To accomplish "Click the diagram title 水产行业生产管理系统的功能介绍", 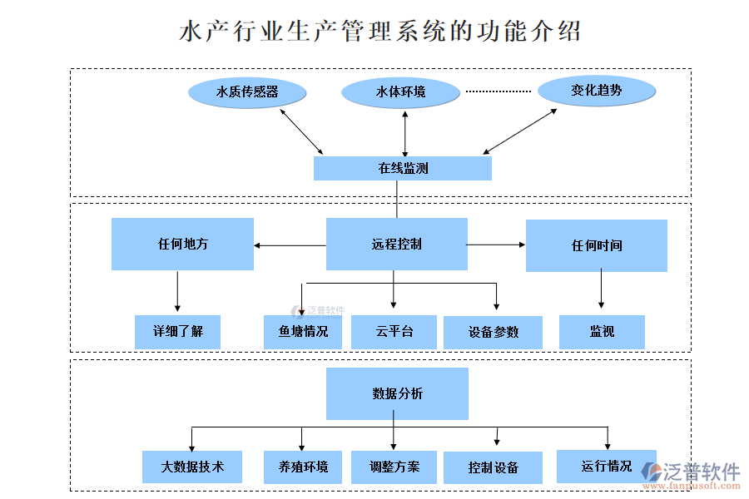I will (380, 32).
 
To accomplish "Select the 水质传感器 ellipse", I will (247, 91).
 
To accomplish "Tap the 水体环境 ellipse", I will (401, 91).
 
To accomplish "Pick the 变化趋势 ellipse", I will (597, 90).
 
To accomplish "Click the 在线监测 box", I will (403, 168).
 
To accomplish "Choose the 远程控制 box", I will (396, 245).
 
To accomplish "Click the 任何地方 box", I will (182, 245).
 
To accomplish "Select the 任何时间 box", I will (597, 246).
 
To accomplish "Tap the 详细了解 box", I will (177, 332).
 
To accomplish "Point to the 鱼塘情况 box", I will (304, 332).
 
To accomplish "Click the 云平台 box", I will (394, 332).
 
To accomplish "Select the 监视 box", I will (602, 332).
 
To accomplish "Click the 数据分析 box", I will (397, 393).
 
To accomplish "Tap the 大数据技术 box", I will (192, 467).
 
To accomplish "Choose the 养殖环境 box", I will (304, 467).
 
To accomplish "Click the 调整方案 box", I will (394, 467).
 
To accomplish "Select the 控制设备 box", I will (493, 467).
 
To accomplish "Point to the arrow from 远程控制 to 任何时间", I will (496, 245).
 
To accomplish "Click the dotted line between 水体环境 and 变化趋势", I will (498, 91).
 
